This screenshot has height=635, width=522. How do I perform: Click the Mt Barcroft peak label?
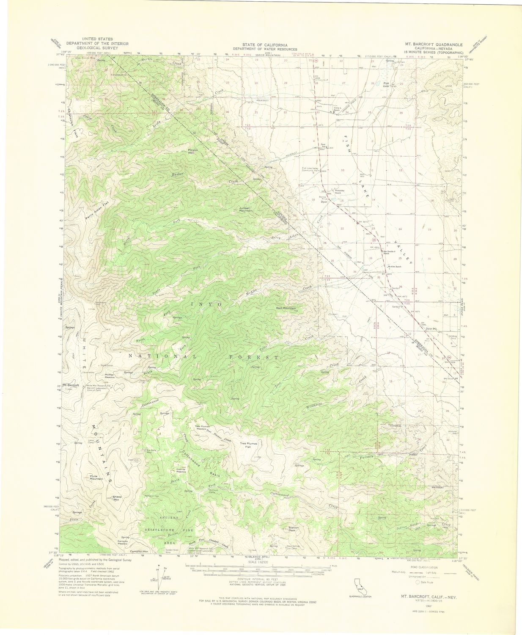pos(71,385)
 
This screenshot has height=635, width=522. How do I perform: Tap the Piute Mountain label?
pos(97,478)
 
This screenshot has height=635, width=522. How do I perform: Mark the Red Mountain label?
pos(286,308)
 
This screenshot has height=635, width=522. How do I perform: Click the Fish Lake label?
pos(386,84)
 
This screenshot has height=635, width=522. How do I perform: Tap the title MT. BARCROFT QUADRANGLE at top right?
pos(434,44)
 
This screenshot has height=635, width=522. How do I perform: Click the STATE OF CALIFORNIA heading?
pos(265,44)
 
